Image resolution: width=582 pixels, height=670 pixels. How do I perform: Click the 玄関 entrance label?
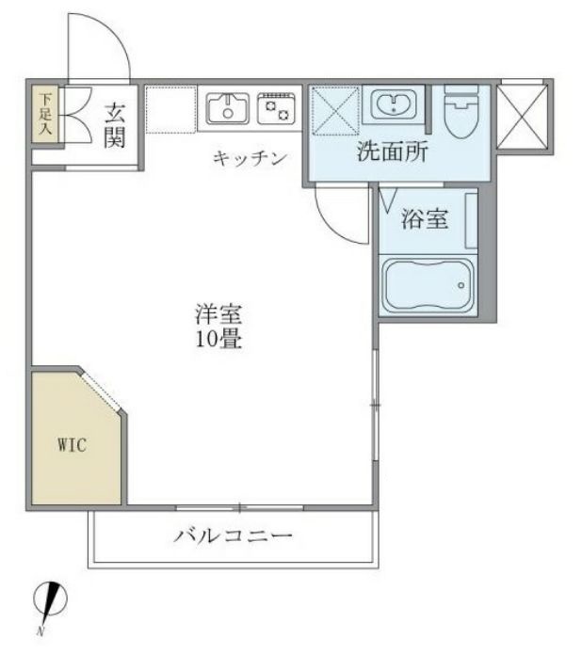point(114,126)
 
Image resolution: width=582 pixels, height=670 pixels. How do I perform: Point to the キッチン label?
point(249,158)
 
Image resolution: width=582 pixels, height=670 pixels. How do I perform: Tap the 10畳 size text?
point(218,341)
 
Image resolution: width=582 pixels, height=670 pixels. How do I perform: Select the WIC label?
point(72,445)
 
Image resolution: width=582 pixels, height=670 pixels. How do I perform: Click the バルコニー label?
point(232,537)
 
